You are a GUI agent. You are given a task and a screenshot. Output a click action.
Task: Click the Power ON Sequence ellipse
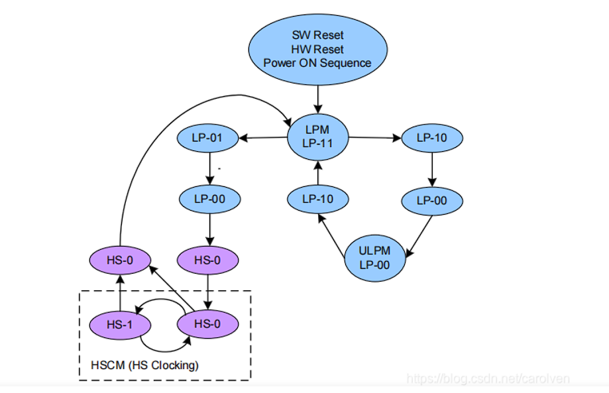[x=317, y=49]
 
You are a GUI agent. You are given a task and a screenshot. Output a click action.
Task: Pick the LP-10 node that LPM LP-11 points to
[x=432, y=139]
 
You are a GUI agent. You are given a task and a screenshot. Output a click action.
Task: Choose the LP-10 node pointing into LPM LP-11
[x=317, y=198]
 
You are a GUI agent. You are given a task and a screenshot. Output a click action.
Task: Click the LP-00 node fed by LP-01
[x=209, y=198]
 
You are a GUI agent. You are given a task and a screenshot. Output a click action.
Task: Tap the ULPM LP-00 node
[x=376, y=258]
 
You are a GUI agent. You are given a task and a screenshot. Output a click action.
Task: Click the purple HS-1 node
[x=120, y=325]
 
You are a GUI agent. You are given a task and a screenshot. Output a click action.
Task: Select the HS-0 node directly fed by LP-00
[x=208, y=260]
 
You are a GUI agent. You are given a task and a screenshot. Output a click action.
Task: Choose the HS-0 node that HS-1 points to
[x=120, y=260]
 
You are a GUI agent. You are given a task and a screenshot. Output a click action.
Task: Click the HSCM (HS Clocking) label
[x=144, y=365]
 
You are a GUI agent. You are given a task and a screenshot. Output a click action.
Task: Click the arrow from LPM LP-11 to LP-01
[x=263, y=138]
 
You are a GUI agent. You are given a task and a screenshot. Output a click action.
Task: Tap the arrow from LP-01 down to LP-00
[x=209, y=168]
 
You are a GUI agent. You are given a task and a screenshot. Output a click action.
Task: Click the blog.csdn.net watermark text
[x=488, y=378]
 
